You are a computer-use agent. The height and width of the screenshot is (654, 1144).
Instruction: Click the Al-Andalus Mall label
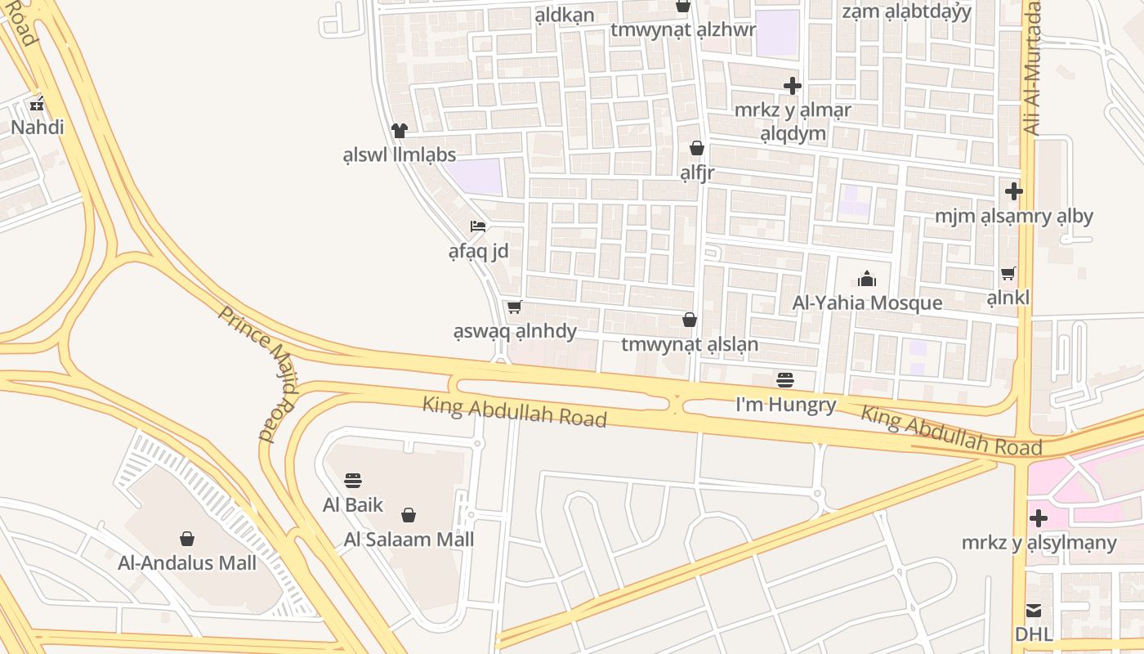(x=187, y=562)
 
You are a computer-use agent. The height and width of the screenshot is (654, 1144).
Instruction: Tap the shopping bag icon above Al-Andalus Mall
(x=187, y=538)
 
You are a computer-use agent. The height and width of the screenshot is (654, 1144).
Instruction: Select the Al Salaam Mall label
(x=409, y=540)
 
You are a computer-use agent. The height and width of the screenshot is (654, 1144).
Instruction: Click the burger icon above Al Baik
(x=353, y=480)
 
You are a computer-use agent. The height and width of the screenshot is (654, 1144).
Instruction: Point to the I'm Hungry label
(x=786, y=405)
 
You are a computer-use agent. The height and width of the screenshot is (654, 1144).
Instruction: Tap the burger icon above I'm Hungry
(x=785, y=380)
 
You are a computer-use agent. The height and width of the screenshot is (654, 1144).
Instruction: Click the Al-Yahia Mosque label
(x=867, y=303)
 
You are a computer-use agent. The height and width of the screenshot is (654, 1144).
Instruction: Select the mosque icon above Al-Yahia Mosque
(x=867, y=279)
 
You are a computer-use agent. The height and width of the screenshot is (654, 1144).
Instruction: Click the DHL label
(x=1034, y=634)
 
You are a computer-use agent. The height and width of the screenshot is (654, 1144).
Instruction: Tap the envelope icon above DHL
(x=1034, y=610)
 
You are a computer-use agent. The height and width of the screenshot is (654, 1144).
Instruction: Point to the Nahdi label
(x=37, y=128)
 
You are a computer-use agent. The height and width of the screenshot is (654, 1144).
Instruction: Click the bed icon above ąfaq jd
(x=478, y=226)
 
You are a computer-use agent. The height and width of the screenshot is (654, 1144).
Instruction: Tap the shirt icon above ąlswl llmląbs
(x=399, y=130)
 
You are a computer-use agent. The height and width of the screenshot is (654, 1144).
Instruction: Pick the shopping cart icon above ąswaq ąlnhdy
(x=514, y=307)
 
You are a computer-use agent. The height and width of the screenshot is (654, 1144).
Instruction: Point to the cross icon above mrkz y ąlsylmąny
(x=1039, y=518)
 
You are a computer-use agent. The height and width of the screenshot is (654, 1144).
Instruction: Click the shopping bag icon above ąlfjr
(x=697, y=148)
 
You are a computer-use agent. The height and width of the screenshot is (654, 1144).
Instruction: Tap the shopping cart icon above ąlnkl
(x=1008, y=274)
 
